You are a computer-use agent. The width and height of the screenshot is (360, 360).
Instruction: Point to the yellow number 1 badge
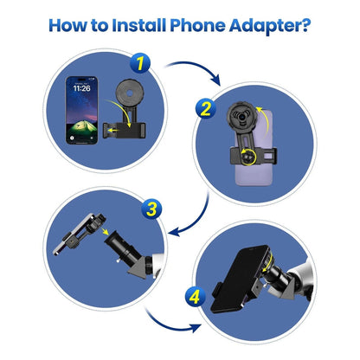[138, 63]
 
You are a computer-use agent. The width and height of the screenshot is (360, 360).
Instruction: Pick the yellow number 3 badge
[151, 209]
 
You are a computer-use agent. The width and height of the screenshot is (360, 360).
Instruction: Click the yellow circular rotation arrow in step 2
[248, 157]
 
